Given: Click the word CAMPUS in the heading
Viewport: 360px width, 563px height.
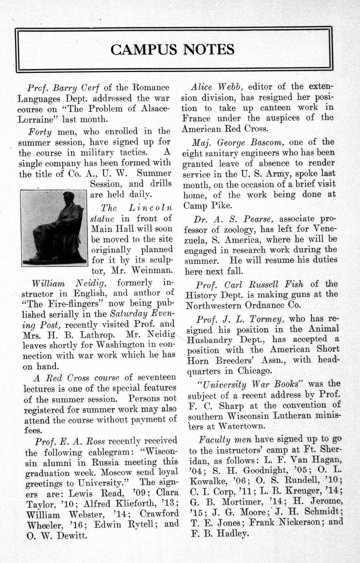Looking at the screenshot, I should pyautogui.click(x=143, y=50).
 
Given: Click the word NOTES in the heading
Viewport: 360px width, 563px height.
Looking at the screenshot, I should pyautogui.click(x=208, y=50).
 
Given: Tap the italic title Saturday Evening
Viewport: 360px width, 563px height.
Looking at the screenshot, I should pyautogui.click(x=142, y=314).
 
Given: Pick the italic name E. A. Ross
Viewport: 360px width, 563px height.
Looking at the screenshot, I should pyautogui.click(x=81, y=441).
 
